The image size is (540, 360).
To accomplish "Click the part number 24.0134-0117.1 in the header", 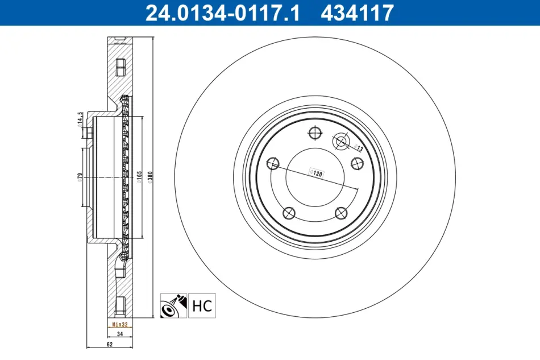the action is [223, 13].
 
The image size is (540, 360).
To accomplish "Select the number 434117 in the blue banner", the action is [357, 13].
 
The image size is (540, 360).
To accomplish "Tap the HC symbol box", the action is [202, 305].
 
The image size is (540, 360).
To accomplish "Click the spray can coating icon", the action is [173, 305].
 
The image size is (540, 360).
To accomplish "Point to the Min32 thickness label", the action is [120, 325].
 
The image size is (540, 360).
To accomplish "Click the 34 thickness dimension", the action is [120, 334].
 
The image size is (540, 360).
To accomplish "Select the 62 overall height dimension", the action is [110, 344].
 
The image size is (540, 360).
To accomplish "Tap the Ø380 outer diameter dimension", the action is [150, 177].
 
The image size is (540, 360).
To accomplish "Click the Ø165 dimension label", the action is [139, 177].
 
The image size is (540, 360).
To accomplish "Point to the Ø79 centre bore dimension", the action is [80, 177].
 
